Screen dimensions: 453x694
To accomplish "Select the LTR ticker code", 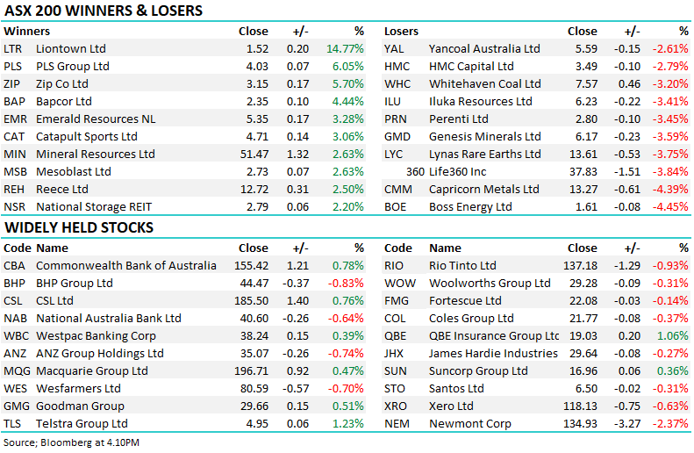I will point(13,49).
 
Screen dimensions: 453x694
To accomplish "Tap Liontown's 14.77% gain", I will point(345,49).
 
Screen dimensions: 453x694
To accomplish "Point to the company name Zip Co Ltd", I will point(62,84).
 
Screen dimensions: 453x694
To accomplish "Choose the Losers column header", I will point(402,32).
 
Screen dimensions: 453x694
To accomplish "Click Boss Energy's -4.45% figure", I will point(669,207).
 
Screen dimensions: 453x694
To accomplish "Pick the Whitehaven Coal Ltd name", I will point(484,84).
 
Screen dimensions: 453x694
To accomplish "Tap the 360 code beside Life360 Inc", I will point(415,172).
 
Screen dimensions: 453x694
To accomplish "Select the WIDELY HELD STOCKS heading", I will point(79,228).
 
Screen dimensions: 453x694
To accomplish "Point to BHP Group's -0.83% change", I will point(345,284).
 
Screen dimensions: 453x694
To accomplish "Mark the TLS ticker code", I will point(13,424).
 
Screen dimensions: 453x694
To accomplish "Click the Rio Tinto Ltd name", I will point(462,266).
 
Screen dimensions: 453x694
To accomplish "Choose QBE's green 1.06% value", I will point(671,336).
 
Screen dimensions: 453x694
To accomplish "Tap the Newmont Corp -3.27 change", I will point(625,424).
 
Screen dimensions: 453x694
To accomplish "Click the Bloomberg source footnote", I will point(72,442).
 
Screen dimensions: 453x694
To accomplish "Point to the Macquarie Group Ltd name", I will point(92,371).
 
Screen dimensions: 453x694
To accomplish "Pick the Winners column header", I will point(26,32).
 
